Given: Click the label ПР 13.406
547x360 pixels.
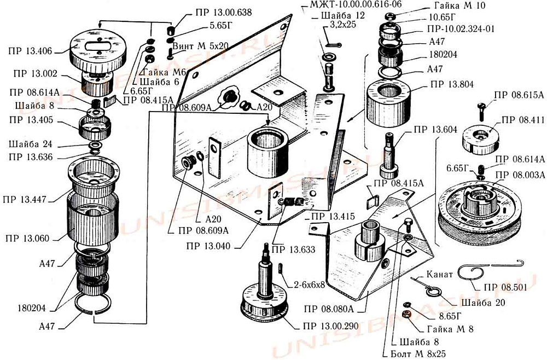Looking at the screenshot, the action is (x=30, y=51).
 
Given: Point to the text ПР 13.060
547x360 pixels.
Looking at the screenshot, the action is (x=27, y=239).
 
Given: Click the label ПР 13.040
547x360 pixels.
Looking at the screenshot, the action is (x=208, y=246).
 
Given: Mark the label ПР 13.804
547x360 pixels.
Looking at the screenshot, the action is (x=452, y=84).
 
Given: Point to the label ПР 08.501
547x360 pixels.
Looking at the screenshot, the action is (x=505, y=287).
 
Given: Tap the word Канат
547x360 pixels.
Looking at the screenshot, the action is (x=440, y=274).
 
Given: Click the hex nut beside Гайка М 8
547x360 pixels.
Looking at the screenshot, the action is (x=406, y=314).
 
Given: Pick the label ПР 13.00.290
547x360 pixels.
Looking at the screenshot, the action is (x=330, y=327).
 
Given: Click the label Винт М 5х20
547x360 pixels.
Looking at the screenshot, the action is (x=200, y=47).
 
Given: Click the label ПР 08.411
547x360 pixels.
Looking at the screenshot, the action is (x=523, y=120).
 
